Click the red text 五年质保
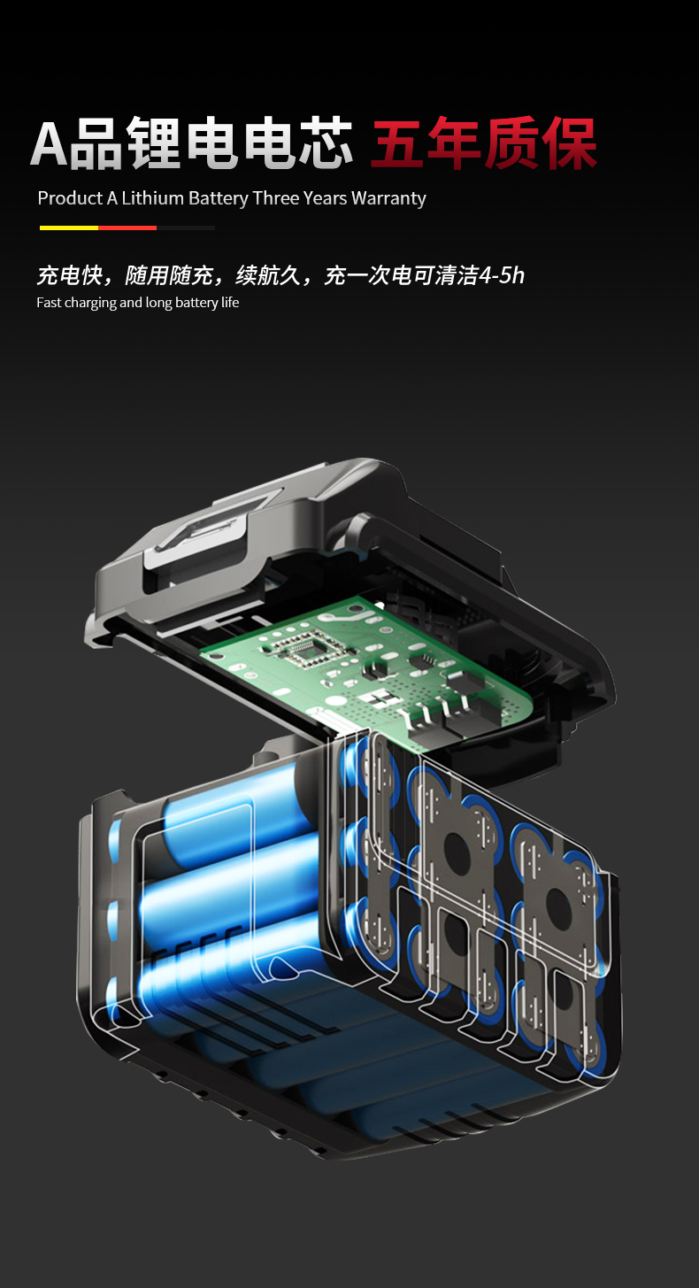click(x=484, y=143)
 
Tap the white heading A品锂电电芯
click(x=191, y=143)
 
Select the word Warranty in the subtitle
click(x=388, y=199)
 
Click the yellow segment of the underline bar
click(x=69, y=228)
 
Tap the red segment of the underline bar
click(x=127, y=228)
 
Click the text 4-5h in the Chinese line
click(x=502, y=275)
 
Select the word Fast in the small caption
click(x=48, y=303)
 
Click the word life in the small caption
click(x=230, y=303)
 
